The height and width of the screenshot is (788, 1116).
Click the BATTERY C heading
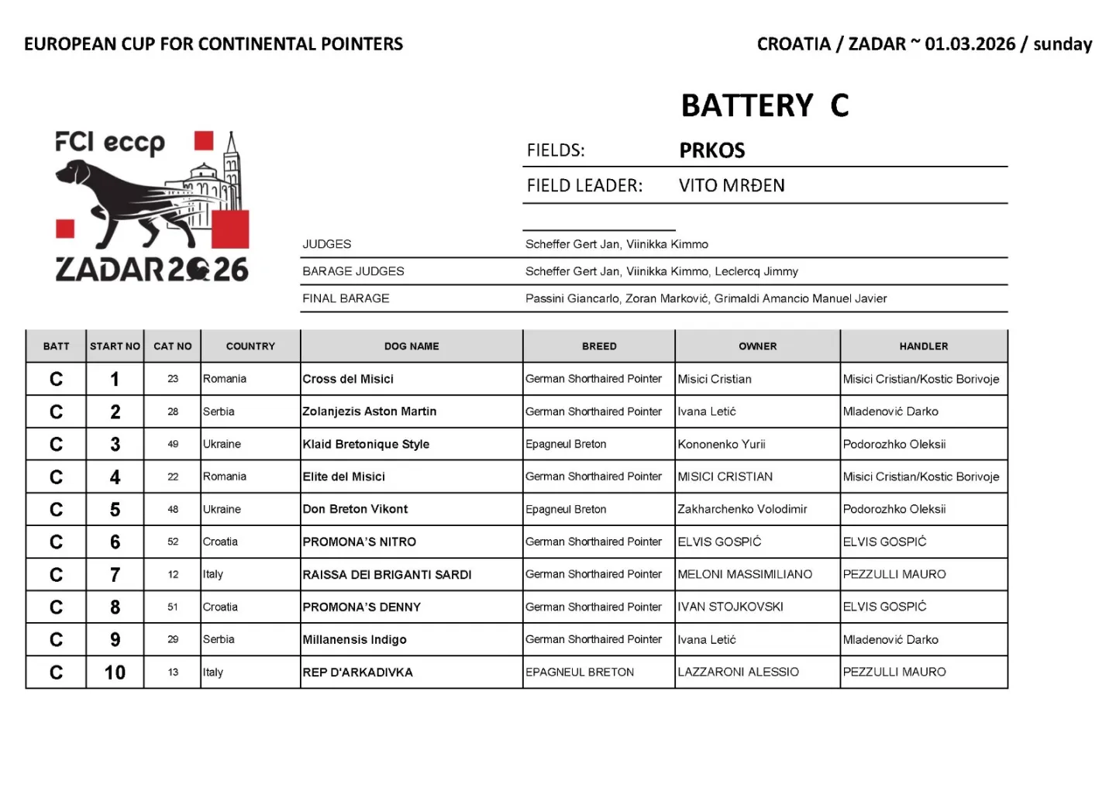764,105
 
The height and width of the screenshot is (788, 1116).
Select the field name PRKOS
711,150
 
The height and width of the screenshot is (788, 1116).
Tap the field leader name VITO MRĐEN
731,186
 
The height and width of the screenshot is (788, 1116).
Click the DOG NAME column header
412,346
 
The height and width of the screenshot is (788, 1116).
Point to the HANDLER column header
923,346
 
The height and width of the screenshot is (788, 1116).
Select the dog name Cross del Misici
348,379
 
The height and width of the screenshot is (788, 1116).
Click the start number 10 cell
115,673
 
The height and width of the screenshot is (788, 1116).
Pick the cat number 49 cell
173,444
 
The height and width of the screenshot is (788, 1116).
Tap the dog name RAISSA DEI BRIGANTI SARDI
387,575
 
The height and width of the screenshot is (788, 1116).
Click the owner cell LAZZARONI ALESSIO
738,673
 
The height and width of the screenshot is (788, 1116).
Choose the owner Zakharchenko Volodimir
742,509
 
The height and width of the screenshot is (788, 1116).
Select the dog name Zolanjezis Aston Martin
369,411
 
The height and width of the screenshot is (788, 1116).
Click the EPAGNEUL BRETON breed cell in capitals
579,673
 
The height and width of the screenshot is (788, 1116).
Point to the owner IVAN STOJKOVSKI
730,607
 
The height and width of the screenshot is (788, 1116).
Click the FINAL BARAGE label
346,298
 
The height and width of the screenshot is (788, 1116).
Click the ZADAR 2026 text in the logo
152,270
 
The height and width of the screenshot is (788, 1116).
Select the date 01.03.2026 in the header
970,44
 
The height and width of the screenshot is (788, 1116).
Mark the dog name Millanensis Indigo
354,640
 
